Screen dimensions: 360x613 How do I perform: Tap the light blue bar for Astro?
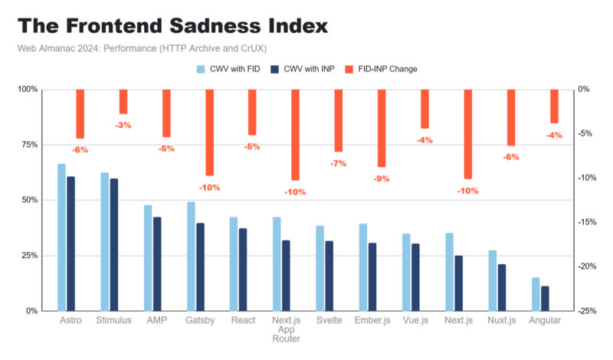(61, 237)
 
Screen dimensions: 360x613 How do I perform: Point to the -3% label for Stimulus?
(123, 125)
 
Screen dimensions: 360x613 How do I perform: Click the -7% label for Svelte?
(339, 163)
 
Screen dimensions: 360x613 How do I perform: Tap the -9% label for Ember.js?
(382, 178)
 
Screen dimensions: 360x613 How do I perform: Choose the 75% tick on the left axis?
(28, 145)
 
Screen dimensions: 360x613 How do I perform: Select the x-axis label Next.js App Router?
(287, 329)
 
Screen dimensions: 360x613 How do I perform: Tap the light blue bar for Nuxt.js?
(493, 280)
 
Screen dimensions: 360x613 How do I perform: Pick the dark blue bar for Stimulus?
(113, 244)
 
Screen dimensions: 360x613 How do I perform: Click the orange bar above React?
(252, 112)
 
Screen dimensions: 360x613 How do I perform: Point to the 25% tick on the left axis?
(28, 255)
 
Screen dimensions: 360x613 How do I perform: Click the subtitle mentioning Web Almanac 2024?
(142, 49)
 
